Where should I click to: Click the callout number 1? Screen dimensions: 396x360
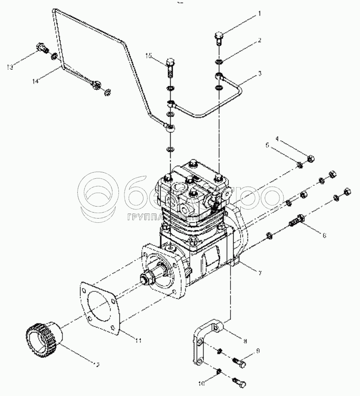tap(260, 14)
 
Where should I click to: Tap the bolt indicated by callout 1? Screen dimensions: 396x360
tap(220, 37)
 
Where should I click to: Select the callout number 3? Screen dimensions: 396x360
tap(260, 73)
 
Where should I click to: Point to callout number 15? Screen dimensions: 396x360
tap(149, 56)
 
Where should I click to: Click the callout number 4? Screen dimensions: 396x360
tap(278, 138)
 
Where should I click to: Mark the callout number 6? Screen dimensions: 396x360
tap(324, 235)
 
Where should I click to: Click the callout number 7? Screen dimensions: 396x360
tap(260, 273)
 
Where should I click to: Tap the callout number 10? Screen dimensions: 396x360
tap(201, 383)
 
